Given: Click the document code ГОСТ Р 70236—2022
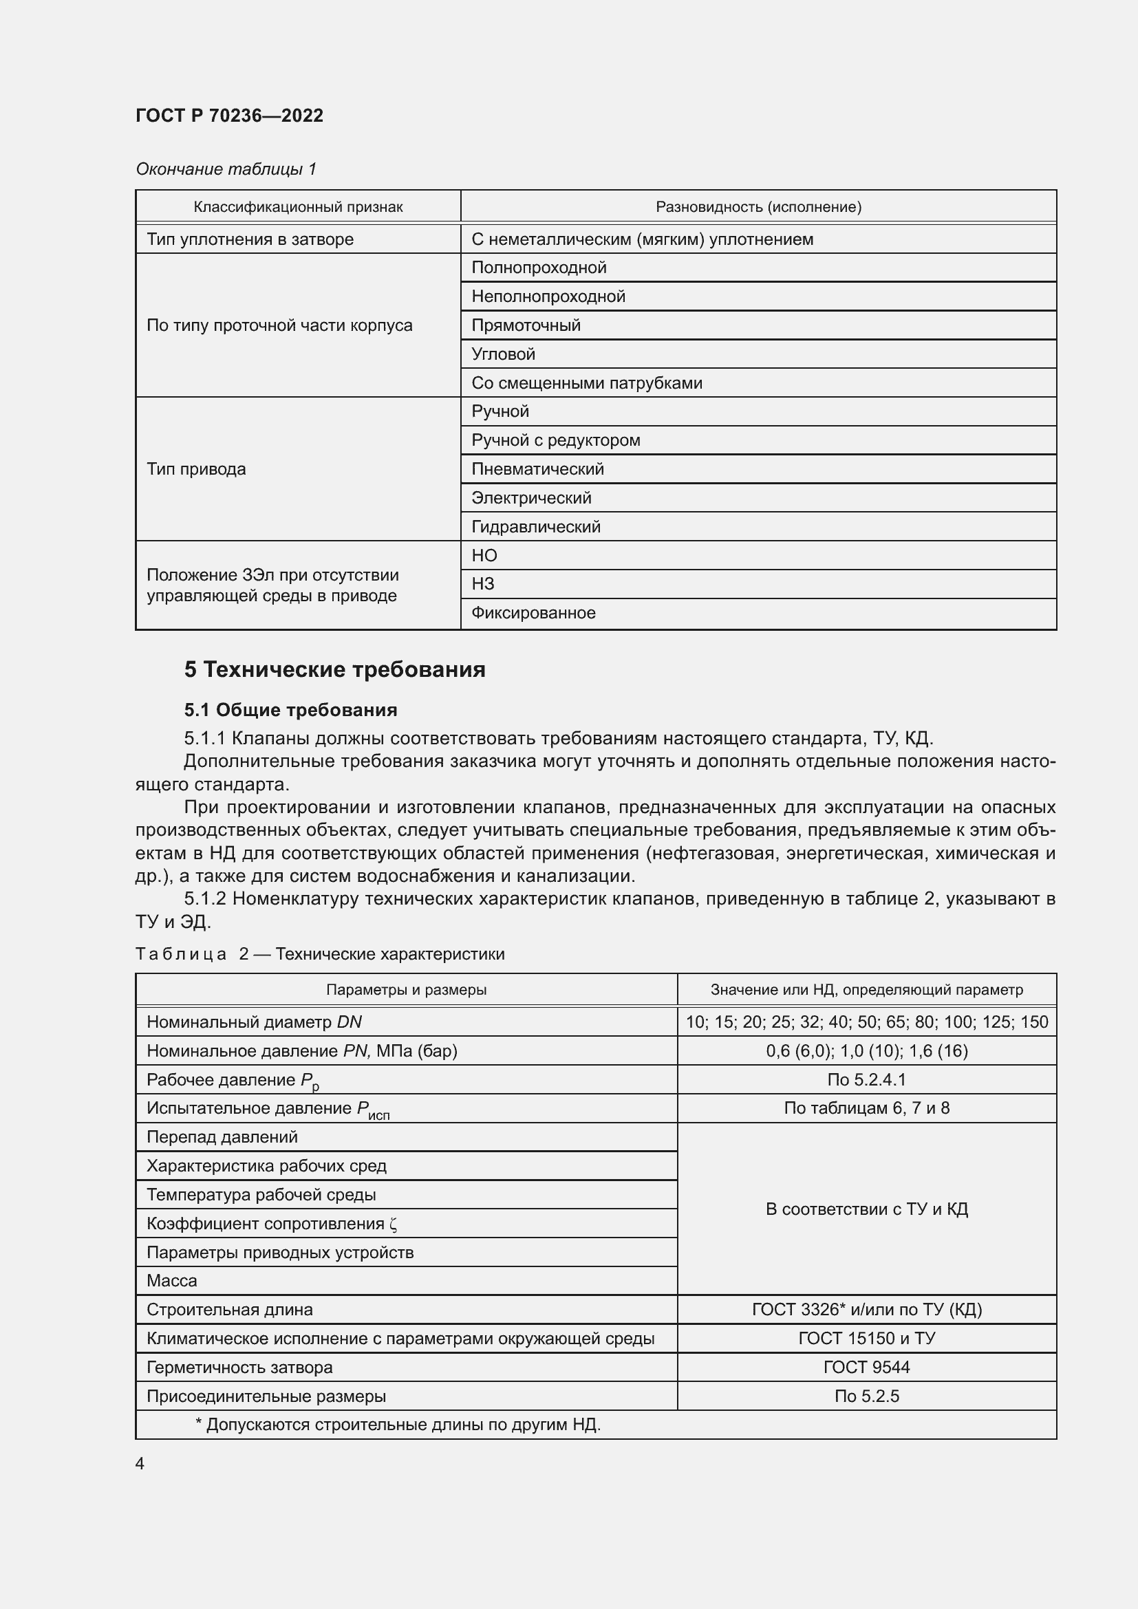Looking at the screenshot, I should [229, 116].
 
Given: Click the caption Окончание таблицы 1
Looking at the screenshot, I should [226, 169].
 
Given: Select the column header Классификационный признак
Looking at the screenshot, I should [298, 207].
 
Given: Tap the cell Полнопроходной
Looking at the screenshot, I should [538, 268].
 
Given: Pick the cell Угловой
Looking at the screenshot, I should [503, 354].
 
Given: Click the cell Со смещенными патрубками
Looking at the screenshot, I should [586, 383].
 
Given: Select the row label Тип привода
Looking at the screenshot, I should [196, 469].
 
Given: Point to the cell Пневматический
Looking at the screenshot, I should [537, 469].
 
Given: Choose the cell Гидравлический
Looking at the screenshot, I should [535, 527].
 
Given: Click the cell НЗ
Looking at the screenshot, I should [483, 584].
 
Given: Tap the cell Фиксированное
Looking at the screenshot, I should [533, 613].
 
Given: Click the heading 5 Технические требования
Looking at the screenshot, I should [334, 669].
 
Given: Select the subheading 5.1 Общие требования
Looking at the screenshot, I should [290, 710].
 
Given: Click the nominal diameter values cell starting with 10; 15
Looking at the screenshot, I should [866, 1022].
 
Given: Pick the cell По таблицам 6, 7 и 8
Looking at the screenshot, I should [866, 1108].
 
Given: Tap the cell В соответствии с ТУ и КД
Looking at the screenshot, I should [866, 1209].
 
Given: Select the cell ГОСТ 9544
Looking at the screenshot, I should [866, 1368].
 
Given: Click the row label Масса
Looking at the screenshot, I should [172, 1281].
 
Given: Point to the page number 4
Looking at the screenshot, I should [140, 1464].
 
